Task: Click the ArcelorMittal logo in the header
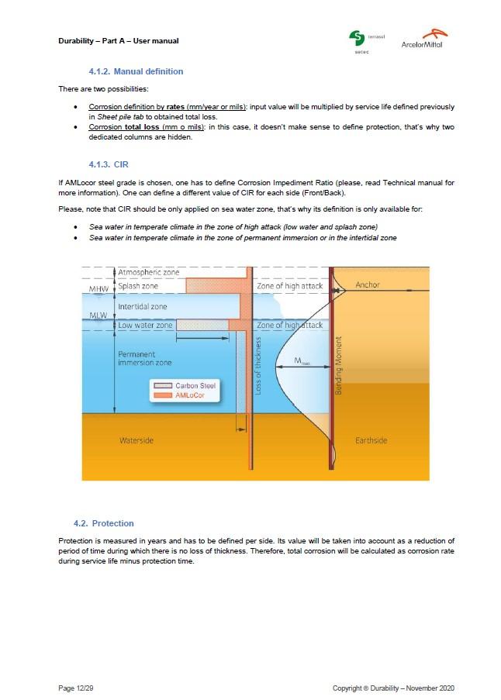pyautogui.click(x=423, y=39)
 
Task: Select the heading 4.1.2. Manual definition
pyautogui.click(x=136, y=71)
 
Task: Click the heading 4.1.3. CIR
pyautogui.click(x=109, y=164)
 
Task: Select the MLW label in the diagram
pyautogui.click(x=98, y=316)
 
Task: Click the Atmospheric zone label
pyautogui.click(x=148, y=273)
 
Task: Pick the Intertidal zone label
pyautogui.click(x=142, y=307)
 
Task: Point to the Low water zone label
pyautogui.click(x=145, y=326)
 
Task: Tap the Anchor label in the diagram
pyautogui.click(x=368, y=285)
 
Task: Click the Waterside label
pyautogui.click(x=136, y=440)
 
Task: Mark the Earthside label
pyautogui.click(x=371, y=440)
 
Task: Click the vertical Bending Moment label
pyautogui.click(x=339, y=365)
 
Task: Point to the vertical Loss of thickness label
pyautogui.click(x=258, y=367)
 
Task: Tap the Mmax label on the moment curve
pyautogui.click(x=305, y=362)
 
